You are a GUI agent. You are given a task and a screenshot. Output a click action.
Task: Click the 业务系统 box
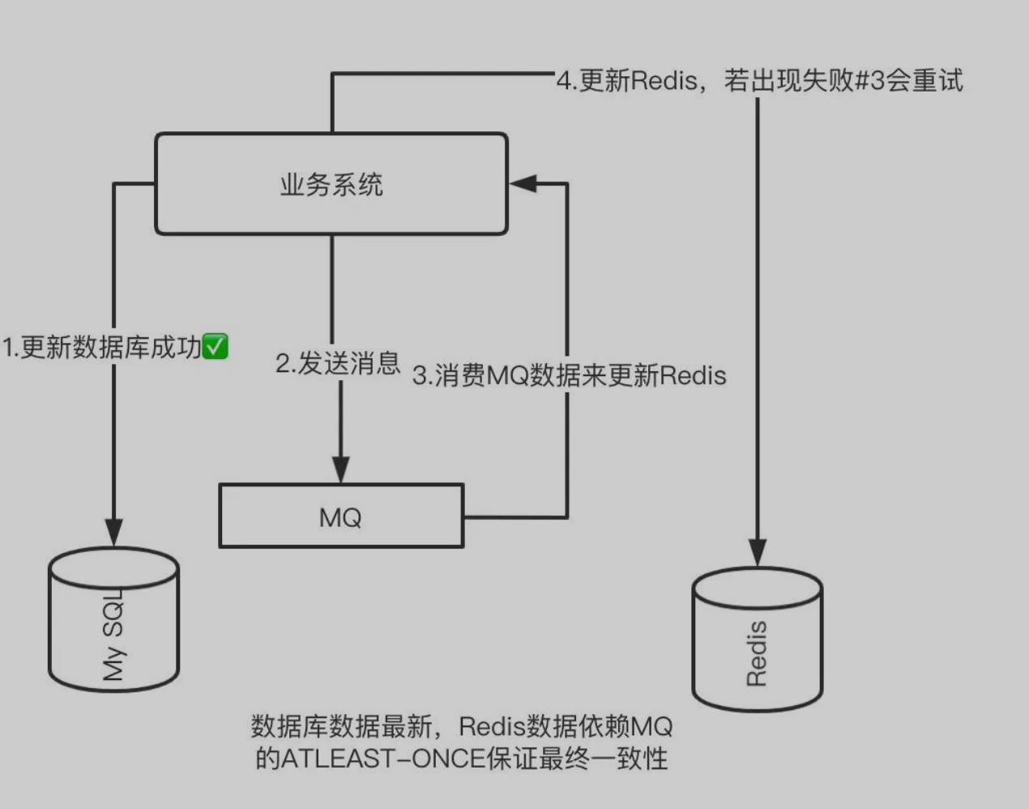(331, 185)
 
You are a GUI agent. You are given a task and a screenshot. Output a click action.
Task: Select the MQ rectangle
(340, 516)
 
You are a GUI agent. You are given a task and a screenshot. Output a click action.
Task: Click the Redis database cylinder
(757, 640)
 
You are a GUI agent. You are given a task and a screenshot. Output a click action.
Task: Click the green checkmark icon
(215, 347)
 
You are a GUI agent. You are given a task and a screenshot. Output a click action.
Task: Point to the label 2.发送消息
(338, 363)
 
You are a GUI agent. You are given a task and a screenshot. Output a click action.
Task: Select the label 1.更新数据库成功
(102, 348)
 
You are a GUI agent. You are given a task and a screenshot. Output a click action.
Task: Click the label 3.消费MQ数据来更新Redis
(569, 375)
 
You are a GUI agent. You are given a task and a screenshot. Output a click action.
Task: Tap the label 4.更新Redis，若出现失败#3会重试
(759, 81)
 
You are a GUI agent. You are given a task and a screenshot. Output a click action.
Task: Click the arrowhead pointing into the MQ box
(341, 469)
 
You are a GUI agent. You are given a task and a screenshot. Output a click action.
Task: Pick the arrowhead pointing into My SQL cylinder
(113, 533)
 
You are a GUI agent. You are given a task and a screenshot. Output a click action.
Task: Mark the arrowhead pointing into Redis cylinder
(757, 552)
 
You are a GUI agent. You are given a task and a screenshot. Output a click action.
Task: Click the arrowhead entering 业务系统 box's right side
(523, 184)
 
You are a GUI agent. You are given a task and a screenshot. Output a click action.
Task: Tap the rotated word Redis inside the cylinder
(756, 653)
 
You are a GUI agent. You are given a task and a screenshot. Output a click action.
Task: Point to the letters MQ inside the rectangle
(340, 517)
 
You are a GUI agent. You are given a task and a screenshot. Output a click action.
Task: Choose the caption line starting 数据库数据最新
(462, 726)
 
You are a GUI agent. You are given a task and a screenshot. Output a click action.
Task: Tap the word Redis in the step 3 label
(693, 375)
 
